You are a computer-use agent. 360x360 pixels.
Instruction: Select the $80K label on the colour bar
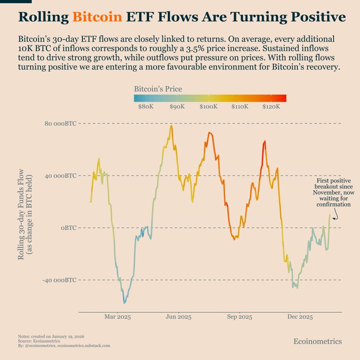[146, 107]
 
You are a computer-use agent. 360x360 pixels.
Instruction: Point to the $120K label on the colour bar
[271, 107]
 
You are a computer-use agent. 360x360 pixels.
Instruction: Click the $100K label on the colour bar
[209, 107]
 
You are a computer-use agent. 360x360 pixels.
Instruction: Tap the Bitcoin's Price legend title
[158, 89]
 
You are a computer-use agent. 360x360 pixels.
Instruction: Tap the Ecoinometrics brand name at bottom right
[318, 341]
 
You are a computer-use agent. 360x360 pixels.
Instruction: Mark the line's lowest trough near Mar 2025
[124, 303]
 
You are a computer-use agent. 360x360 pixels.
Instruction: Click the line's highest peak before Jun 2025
[170, 126]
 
